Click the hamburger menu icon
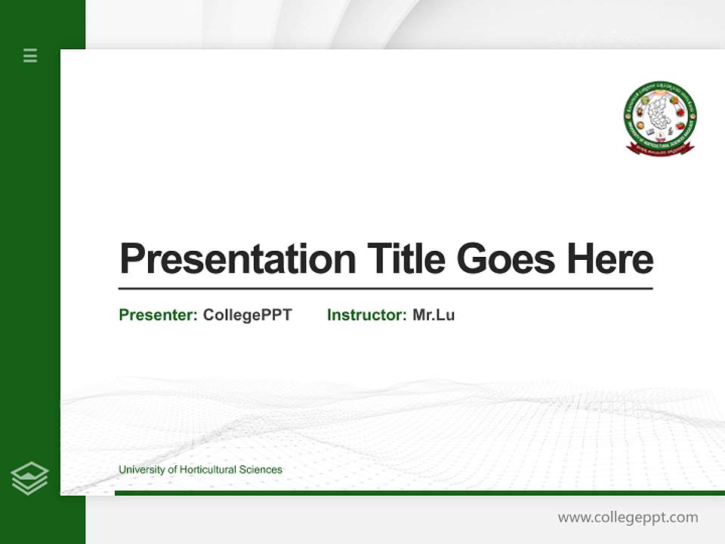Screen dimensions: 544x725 tap(30, 55)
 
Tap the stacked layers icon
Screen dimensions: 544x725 tap(29, 478)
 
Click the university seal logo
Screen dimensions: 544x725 tap(660, 118)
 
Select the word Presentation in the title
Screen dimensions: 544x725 tap(237, 259)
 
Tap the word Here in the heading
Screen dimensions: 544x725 tap(609, 259)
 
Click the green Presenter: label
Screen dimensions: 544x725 tap(159, 315)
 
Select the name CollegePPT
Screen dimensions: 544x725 tap(247, 315)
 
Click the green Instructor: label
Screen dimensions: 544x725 tap(367, 315)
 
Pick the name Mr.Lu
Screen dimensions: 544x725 tap(433, 315)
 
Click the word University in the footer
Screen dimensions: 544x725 tap(141, 470)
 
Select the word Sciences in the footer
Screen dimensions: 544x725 tap(261, 470)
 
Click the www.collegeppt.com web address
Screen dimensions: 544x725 tap(628, 518)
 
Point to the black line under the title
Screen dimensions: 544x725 tap(385, 289)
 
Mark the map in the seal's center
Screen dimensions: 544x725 tap(660, 113)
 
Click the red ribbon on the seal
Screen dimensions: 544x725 tap(660, 148)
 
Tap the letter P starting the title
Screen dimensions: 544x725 tap(131, 259)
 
